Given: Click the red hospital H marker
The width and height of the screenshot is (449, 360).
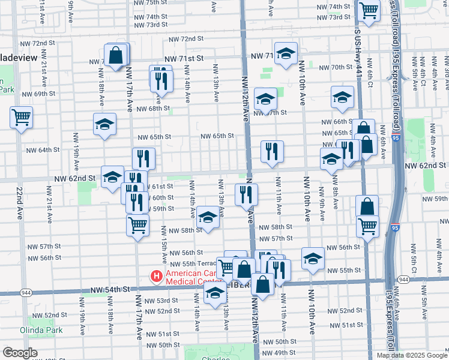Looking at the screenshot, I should tap(157, 277).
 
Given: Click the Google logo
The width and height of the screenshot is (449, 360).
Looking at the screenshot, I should tap(20, 353).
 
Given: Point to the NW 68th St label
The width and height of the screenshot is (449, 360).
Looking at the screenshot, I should tap(154, 109).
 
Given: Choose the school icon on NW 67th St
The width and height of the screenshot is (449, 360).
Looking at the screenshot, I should tap(265, 99).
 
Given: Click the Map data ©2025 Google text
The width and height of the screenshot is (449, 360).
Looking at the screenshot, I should tap(412, 355).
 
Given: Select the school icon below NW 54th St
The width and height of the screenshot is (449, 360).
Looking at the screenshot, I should tap(214, 293).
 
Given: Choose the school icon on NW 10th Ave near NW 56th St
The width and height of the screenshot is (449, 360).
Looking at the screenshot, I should tap(313, 258).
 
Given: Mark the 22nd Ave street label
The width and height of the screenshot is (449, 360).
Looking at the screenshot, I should tap(20, 203).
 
